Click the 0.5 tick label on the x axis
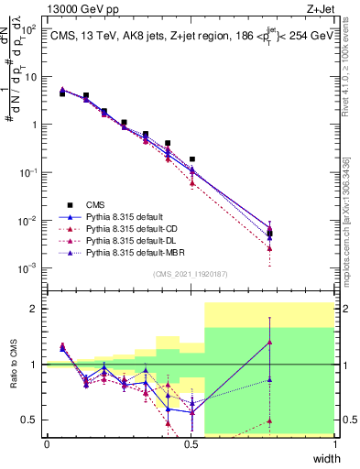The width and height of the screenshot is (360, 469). click(191, 443)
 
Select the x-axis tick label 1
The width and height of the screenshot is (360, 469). click(335, 443)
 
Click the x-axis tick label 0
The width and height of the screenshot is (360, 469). click(47, 443)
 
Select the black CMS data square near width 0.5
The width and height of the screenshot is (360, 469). click(191, 159)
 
